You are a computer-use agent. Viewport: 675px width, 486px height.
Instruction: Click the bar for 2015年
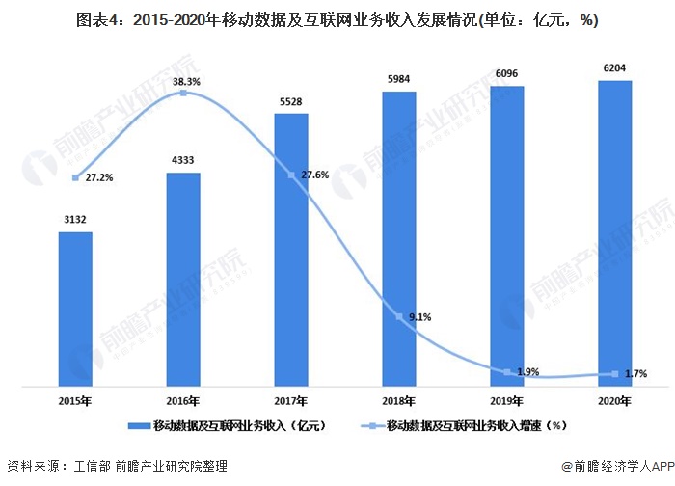75,309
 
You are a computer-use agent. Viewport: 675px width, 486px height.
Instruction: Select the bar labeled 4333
183,280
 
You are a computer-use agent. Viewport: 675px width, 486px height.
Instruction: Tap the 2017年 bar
291,251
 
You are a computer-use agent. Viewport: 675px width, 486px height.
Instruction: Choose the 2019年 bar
507,237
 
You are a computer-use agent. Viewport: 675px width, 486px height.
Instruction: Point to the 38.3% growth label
187,83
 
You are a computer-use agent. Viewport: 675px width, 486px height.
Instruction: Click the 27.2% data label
97,178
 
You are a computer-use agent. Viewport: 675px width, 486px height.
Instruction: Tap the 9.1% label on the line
420,316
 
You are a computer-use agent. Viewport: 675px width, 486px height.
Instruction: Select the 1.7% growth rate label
635,373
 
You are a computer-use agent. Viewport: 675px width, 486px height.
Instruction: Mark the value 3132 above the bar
75,220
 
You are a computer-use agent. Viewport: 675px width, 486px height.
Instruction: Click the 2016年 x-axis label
183,400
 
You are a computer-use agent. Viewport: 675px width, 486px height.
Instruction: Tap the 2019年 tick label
507,400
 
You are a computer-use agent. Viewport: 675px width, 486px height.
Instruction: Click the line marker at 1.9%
507,371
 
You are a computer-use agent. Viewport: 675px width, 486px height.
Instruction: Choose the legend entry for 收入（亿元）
231,425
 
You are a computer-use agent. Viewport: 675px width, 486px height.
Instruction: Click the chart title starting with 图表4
337,18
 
